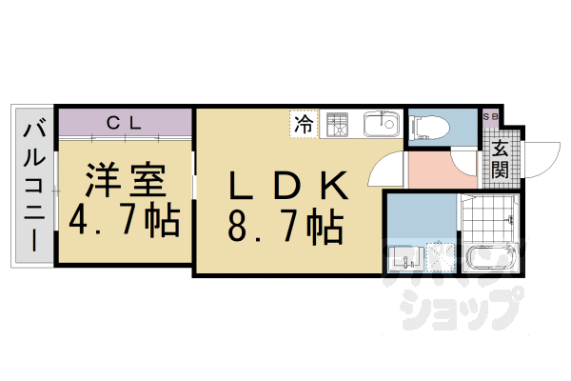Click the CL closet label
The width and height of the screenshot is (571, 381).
tap(124, 121)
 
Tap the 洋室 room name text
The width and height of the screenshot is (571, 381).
tap(125, 179)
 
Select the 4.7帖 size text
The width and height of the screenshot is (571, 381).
tap(125, 221)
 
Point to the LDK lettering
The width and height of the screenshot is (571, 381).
tap(283, 181)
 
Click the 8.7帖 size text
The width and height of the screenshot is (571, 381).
tap(283, 226)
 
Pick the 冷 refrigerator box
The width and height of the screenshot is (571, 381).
tap(304, 124)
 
